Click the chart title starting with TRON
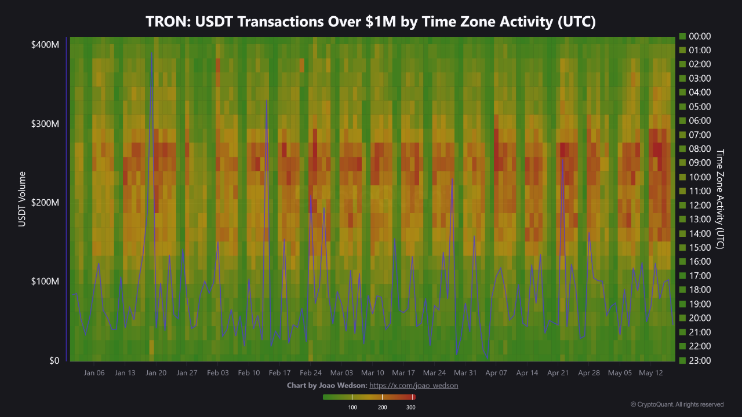click(371, 21)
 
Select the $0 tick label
click(53, 360)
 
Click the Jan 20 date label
click(156, 373)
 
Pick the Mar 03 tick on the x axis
click(341, 373)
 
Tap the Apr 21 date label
click(558, 373)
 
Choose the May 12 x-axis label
click(650, 373)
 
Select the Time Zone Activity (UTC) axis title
click(721, 199)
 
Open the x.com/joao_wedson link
click(413, 385)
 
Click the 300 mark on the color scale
click(410, 407)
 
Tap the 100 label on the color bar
click(352, 407)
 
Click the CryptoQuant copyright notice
click(677, 404)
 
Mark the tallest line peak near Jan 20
click(152, 53)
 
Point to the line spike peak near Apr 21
click(562, 159)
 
